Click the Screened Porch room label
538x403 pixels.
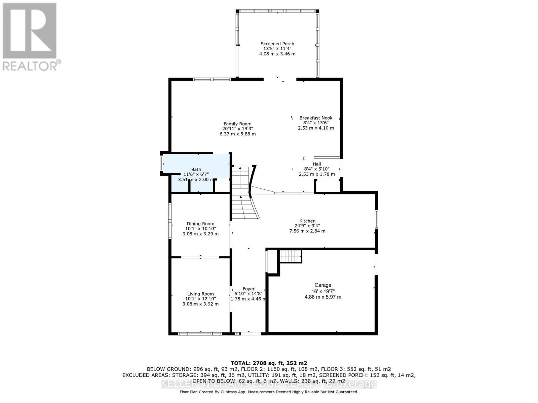pos(277,44)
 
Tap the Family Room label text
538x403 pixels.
pos(238,124)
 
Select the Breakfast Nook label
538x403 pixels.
pos(316,118)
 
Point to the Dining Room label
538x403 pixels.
pos(200,224)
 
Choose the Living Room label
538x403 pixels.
pos(200,294)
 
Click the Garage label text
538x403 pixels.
pos(323,285)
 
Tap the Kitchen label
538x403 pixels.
pos(307,221)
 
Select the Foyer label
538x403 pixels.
pos(248,289)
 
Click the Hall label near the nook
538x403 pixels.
pos(317,164)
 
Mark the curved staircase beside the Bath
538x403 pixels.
pos(244,195)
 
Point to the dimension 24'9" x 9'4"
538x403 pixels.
pos(307,226)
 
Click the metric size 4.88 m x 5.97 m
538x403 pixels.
pos(323,297)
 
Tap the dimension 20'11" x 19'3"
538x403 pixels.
pos(238,129)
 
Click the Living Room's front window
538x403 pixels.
pos(200,333)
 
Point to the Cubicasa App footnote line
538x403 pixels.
pos(269,392)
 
